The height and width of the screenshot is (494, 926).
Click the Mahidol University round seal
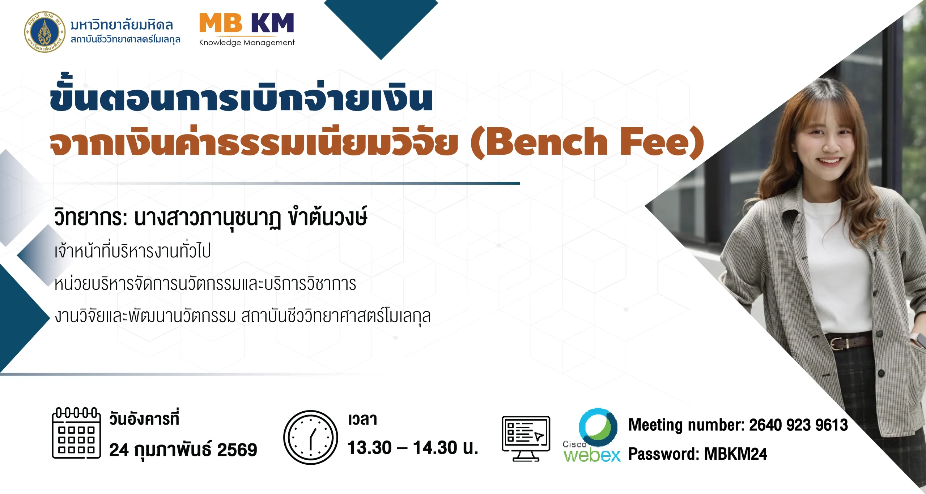(44, 32)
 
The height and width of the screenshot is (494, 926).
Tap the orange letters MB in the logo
(221, 23)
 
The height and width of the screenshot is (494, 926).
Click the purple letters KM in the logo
(272, 23)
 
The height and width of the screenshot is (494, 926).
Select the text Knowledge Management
(247, 43)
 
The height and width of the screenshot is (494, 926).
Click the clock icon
(311, 437)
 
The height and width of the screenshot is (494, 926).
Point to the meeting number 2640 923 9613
(798, 425)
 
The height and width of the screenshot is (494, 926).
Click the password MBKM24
(735, 454)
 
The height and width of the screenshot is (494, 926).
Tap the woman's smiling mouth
(829, 161)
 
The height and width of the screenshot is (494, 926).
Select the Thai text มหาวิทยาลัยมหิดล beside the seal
(122, 25)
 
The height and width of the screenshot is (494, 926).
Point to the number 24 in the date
(119, 450)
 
